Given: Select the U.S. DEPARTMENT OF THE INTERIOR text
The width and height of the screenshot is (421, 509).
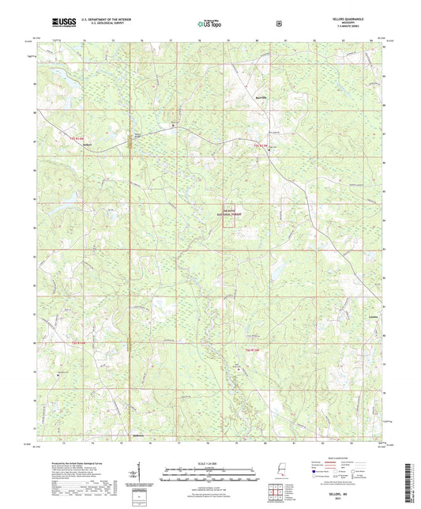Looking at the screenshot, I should pyautogui.click(x=95, y=21).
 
